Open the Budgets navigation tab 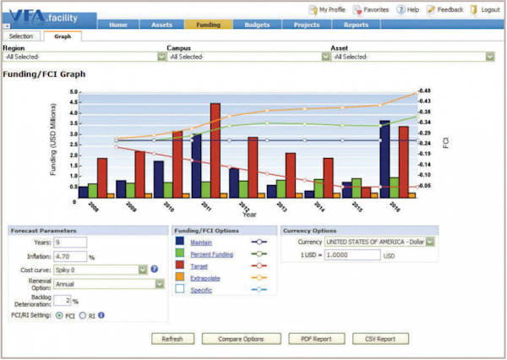coord(257,25)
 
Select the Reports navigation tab coord(356,25)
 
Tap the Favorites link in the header coord(372,9)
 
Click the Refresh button coord(172,339)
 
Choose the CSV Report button coord(379,339)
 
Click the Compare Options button coord(241,339)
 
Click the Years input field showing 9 coord(71,243)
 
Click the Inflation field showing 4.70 coord(70,256)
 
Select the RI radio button coord(81,315)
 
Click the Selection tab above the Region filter coord(21,37)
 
